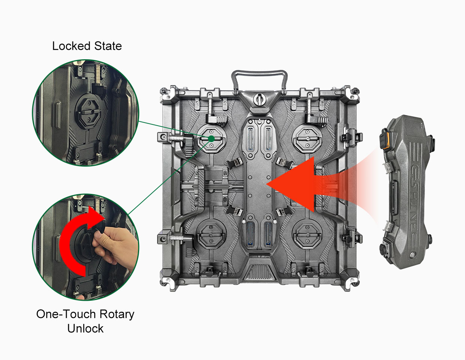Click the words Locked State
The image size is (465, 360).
click(87, 46)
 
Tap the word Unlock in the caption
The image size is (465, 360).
click(85, 328)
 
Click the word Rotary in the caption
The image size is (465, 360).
click(117, 315)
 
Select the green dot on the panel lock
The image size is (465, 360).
click(211, 139)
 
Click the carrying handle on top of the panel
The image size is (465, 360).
click(259, 73)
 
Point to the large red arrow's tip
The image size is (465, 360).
click(266, 184)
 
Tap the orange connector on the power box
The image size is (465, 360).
click(384, 140)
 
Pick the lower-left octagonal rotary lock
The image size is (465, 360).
click(211, 235)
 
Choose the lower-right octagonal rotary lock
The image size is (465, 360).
click(307, 235)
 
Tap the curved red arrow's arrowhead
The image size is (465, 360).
click(96, 217)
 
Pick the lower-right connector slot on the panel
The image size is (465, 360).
click(268, 234)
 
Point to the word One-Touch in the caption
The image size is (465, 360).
click(66, 314)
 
